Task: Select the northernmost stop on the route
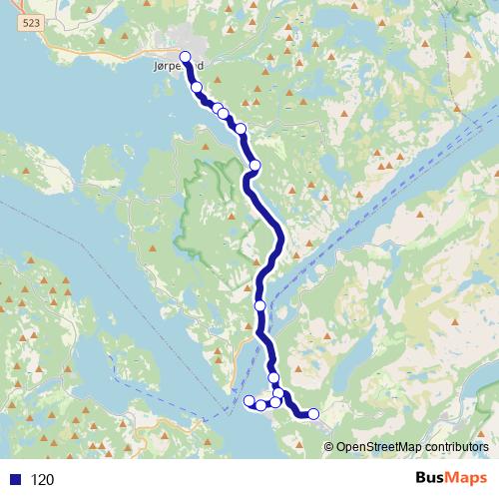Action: (185, 57)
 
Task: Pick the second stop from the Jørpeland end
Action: (197, 88)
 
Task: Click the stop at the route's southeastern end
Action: (313, 413)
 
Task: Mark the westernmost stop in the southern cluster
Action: (249, 401)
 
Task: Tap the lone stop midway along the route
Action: (259, 305)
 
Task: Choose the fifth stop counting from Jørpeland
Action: (240, 128)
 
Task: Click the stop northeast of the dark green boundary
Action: (254, 165)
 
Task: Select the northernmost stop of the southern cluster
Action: (273, 378)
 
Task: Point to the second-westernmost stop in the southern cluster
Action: (261, 405)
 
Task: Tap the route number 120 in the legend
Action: (42, 480)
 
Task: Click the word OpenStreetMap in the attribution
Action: (375, 447)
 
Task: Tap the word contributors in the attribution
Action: (453, 447)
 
